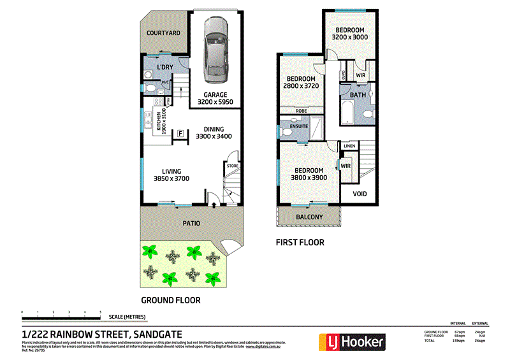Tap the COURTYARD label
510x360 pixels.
click(163, 33)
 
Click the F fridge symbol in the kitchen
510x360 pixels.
click(180, 134)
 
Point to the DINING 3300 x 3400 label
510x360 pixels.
click(214, 133)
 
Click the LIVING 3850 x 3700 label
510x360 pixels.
click(171, 175)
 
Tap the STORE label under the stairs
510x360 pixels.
click(233, 166)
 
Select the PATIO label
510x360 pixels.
click(192, 224)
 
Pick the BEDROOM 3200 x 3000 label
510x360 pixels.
click(350, 34)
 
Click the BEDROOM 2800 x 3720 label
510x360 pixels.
click(302, 82)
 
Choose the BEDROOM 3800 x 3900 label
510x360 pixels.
click(309, 174)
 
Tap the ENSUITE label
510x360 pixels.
click(299, 126)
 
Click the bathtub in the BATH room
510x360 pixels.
click(348, 113)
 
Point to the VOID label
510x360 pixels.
click(360, 194)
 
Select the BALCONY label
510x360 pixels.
click(309, 217)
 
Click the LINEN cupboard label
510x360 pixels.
click(349, 147)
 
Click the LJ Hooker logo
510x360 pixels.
click(353, 342)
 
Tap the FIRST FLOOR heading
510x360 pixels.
click(300, 242)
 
